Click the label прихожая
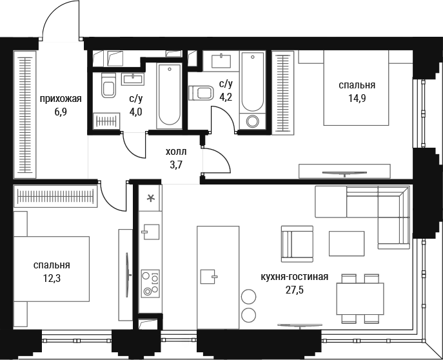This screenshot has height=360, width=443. (x=61, y=99)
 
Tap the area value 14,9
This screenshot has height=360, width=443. (x=357, y=98)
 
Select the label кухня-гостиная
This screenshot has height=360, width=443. (x=295, y=277)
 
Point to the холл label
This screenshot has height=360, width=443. (x=176, y=152)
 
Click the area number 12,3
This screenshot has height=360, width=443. (x=52, y=279)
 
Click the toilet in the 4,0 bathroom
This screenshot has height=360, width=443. (x=108, y=85)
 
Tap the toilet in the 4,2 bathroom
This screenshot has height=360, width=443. (x=201, y=93)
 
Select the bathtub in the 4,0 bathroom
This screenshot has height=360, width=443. (x=169, y=96)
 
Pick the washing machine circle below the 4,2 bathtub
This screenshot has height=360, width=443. (x=253, y=121)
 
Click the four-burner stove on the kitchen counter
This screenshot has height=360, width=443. (x=150, y=283)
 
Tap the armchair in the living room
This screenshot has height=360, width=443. (x=297, y=244)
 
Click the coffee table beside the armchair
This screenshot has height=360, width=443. (x=346, y=243)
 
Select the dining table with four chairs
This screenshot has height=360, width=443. (x=360, y=299)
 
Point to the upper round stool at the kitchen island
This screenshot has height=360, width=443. (x=249, y=297)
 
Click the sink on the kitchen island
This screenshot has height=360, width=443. (x=208, y=276)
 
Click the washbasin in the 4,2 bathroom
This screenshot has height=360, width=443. (x=221, y=61)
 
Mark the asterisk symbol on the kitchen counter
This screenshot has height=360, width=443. (x=150, y=198)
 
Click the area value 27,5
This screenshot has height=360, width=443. (x=295, y=290)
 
